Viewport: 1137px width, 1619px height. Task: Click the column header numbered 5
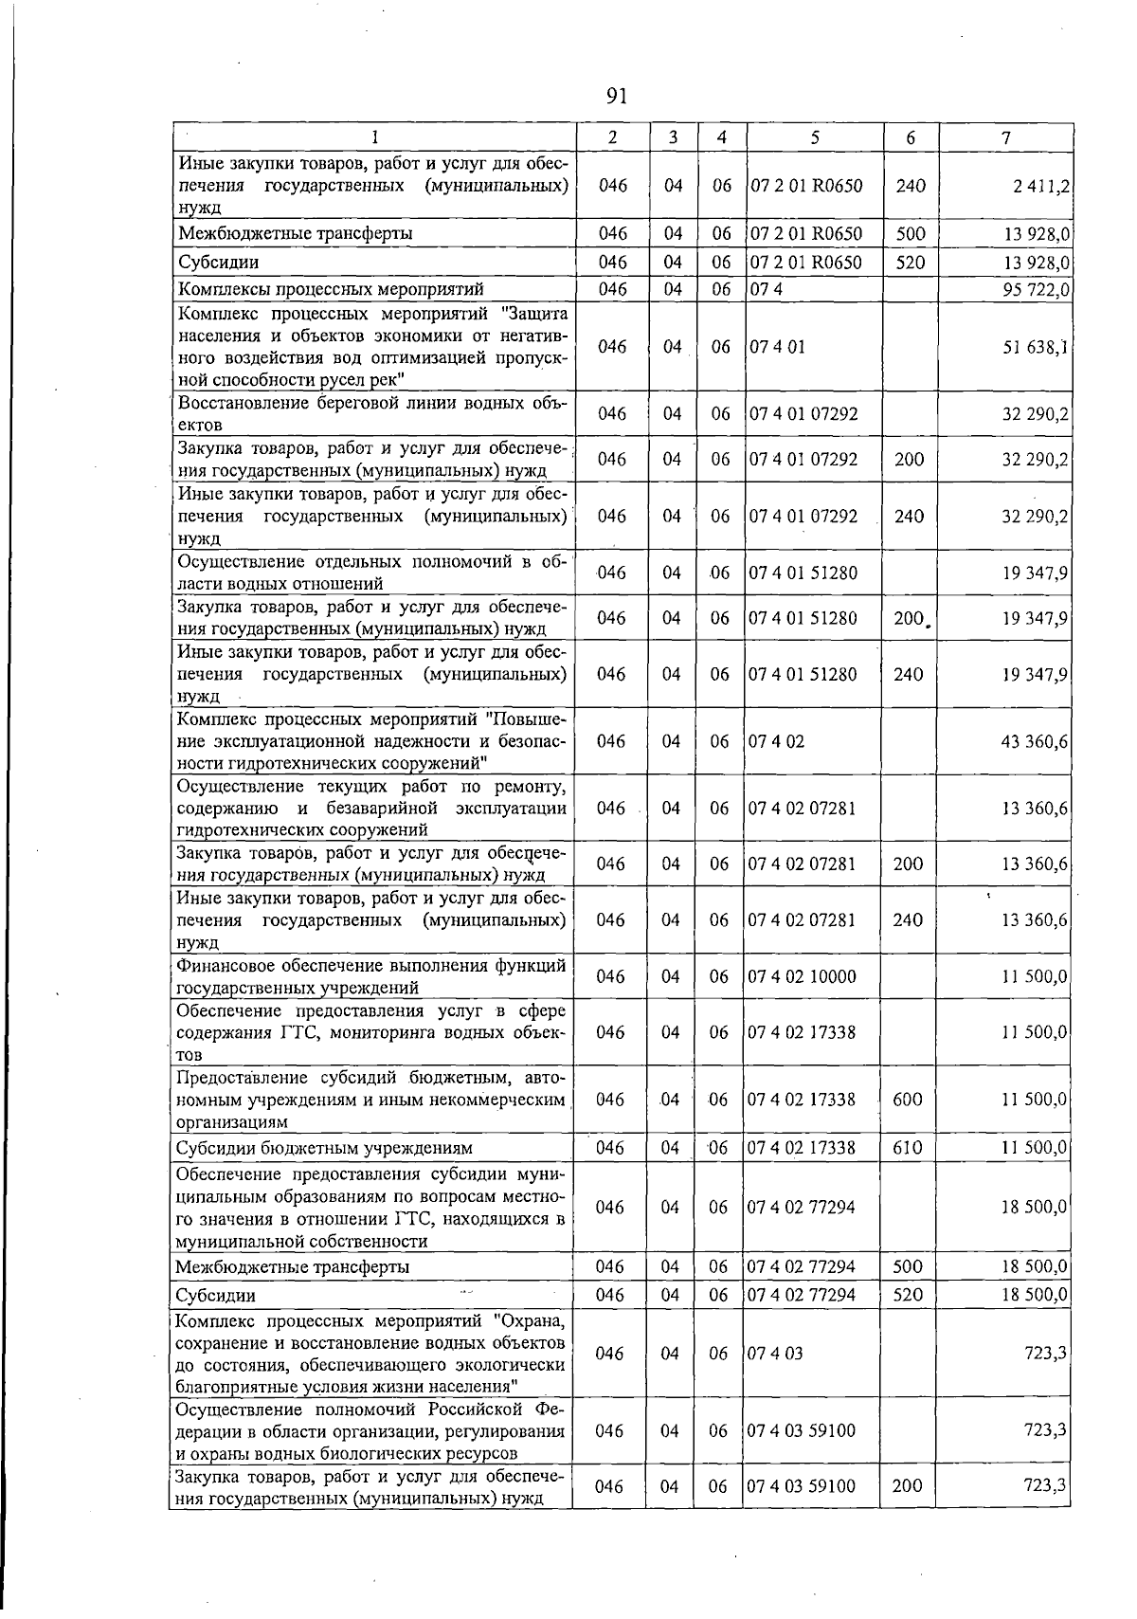(x=814, y=137)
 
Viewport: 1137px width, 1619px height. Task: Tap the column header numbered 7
(x=1005, y=137)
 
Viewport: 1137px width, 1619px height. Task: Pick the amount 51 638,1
(x=1036, y=347)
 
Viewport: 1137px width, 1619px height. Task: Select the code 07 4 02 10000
(x=803, y=976)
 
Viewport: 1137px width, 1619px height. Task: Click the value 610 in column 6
(x=908, y=1148)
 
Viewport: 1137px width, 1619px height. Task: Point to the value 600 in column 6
(x=908, y=1100)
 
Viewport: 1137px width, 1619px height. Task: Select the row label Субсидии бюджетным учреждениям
(x=324, y=1148)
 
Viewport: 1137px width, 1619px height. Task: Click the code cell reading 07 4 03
(x=775, y=1354)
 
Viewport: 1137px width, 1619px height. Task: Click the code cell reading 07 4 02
(x=776, y=741)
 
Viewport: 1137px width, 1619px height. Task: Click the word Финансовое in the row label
(x=220, y=966)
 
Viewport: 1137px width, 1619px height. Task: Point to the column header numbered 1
(x=375, y=137)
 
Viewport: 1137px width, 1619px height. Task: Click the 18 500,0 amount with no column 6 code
(x=1035, y=1208)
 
